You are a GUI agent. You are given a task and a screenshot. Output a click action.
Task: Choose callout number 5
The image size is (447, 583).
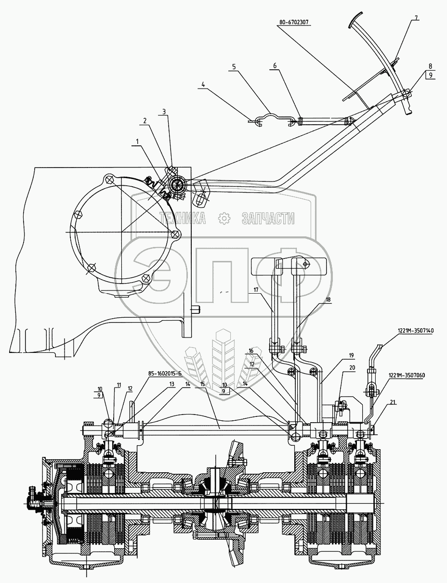tap(234, 68)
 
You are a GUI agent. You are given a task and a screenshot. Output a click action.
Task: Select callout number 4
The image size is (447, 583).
tap(203, 85)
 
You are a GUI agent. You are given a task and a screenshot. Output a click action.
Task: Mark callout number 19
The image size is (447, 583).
tap(351, 355)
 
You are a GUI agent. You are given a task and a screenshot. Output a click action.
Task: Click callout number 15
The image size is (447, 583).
tap(203, 384)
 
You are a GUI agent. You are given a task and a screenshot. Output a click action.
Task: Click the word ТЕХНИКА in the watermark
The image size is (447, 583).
tap(183, 219)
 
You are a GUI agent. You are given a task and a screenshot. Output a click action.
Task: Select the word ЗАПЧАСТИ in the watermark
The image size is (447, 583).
tap(267, 219)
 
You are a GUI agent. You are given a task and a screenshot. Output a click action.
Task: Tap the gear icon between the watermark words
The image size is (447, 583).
tap(224, 219)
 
